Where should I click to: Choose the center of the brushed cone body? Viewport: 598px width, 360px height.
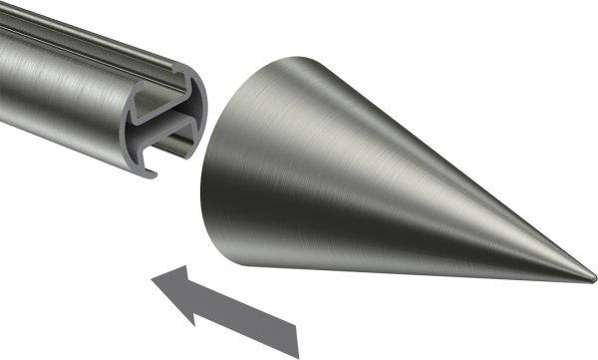point(369,180)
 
